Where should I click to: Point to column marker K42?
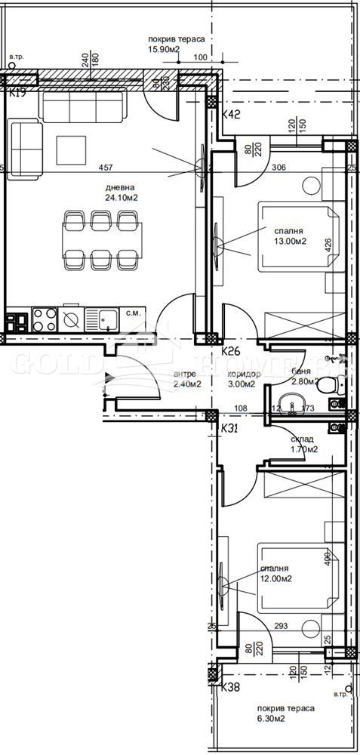[232, 115]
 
